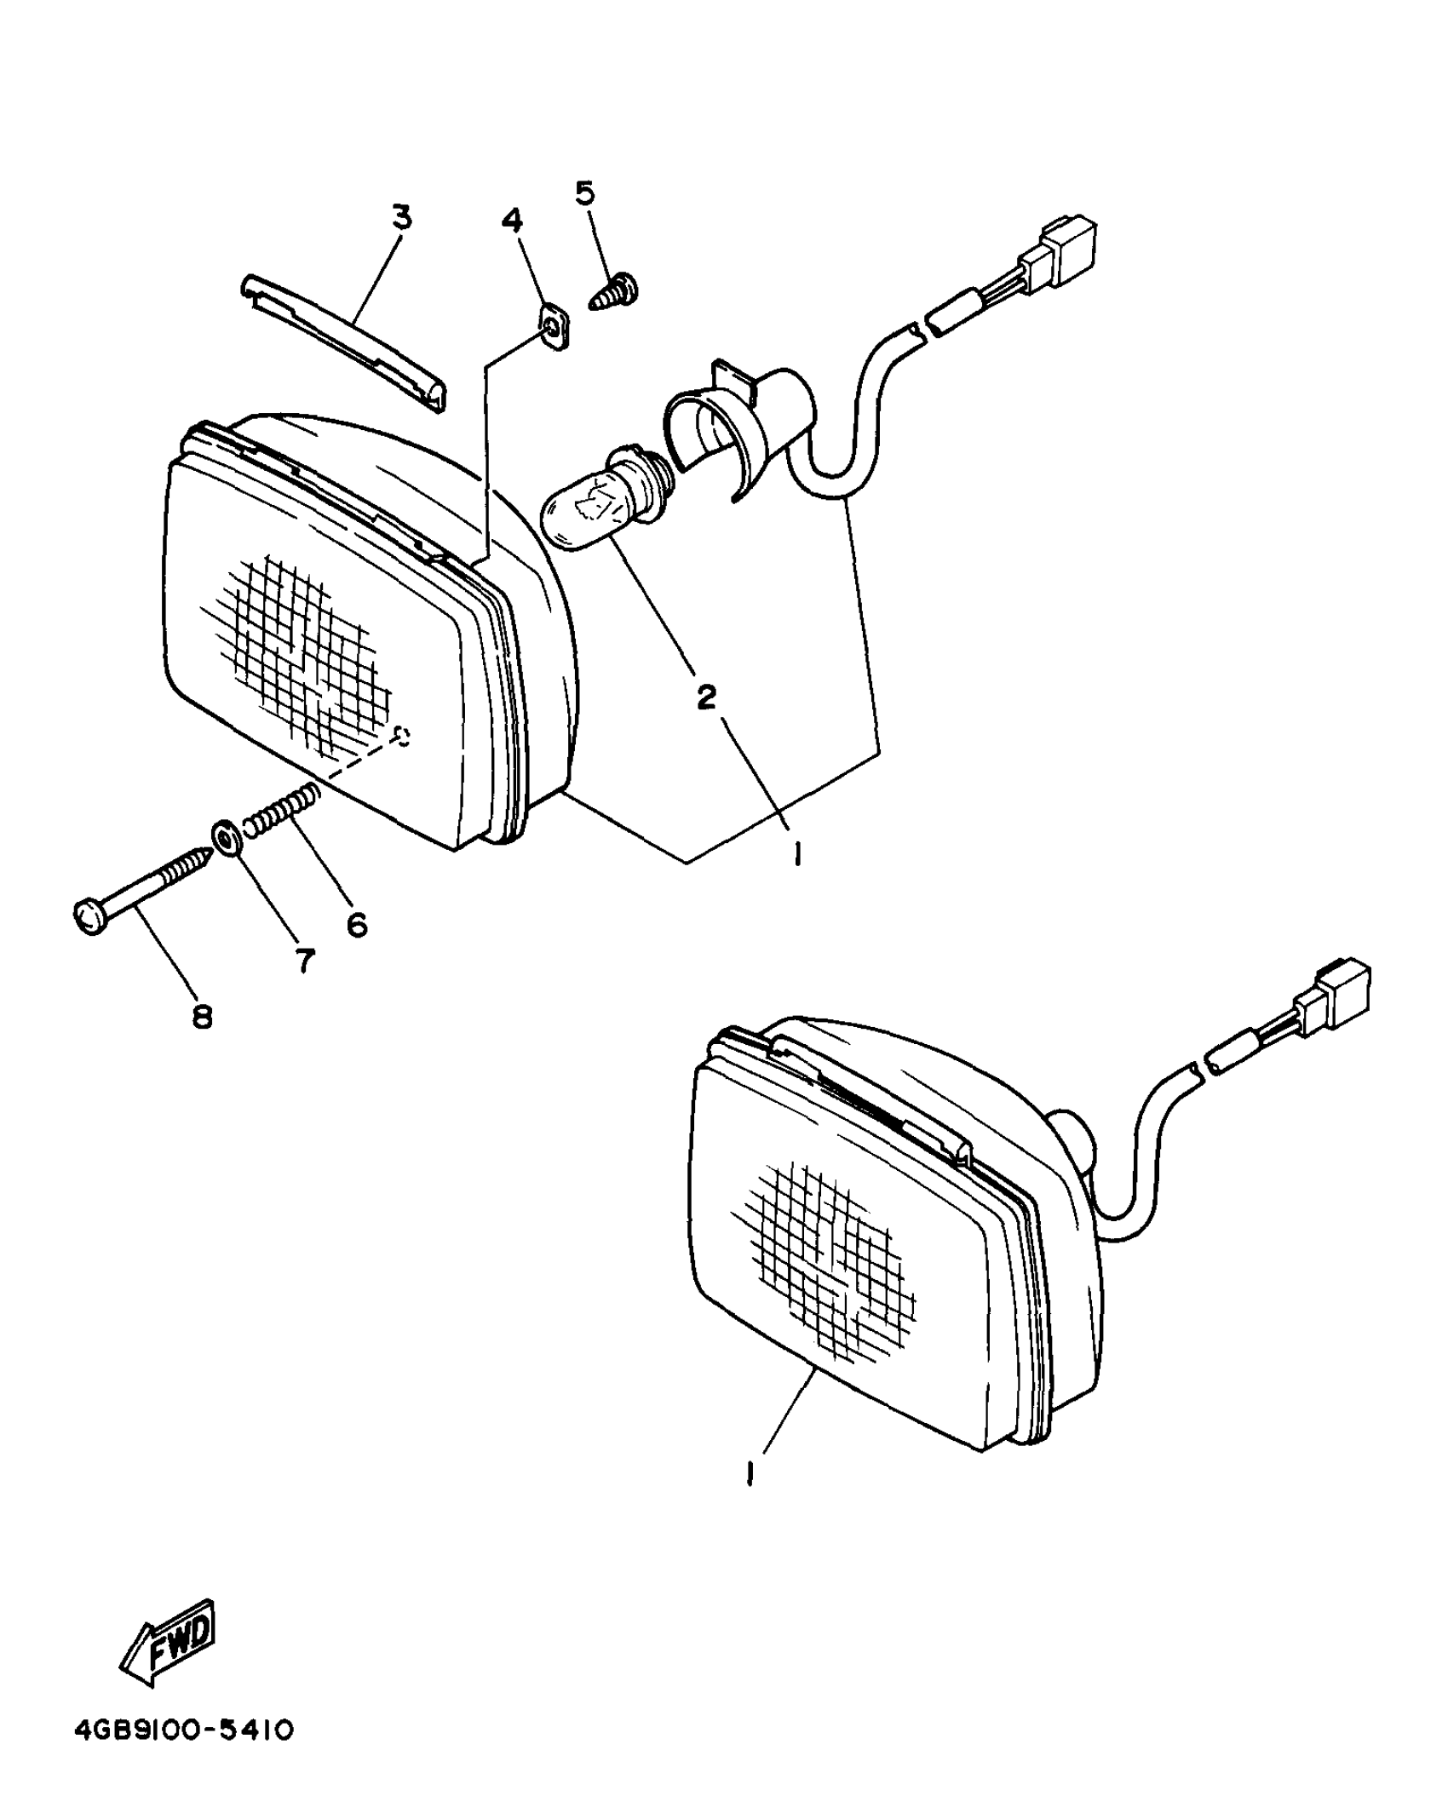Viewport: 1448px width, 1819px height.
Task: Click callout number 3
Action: tap(401, 218)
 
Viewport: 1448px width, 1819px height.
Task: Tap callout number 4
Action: tap(512, 221)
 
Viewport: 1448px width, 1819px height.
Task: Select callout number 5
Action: tap(586, 194)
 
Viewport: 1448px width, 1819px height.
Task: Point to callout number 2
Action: tap(706, 697)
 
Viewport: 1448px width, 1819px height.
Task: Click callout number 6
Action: tap(357, 923)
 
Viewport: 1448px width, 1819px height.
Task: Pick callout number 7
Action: tap(304, 961)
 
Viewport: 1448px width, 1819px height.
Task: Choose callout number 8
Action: tap(202, 1015)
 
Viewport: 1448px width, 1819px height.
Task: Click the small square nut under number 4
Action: tap(554, 328)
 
